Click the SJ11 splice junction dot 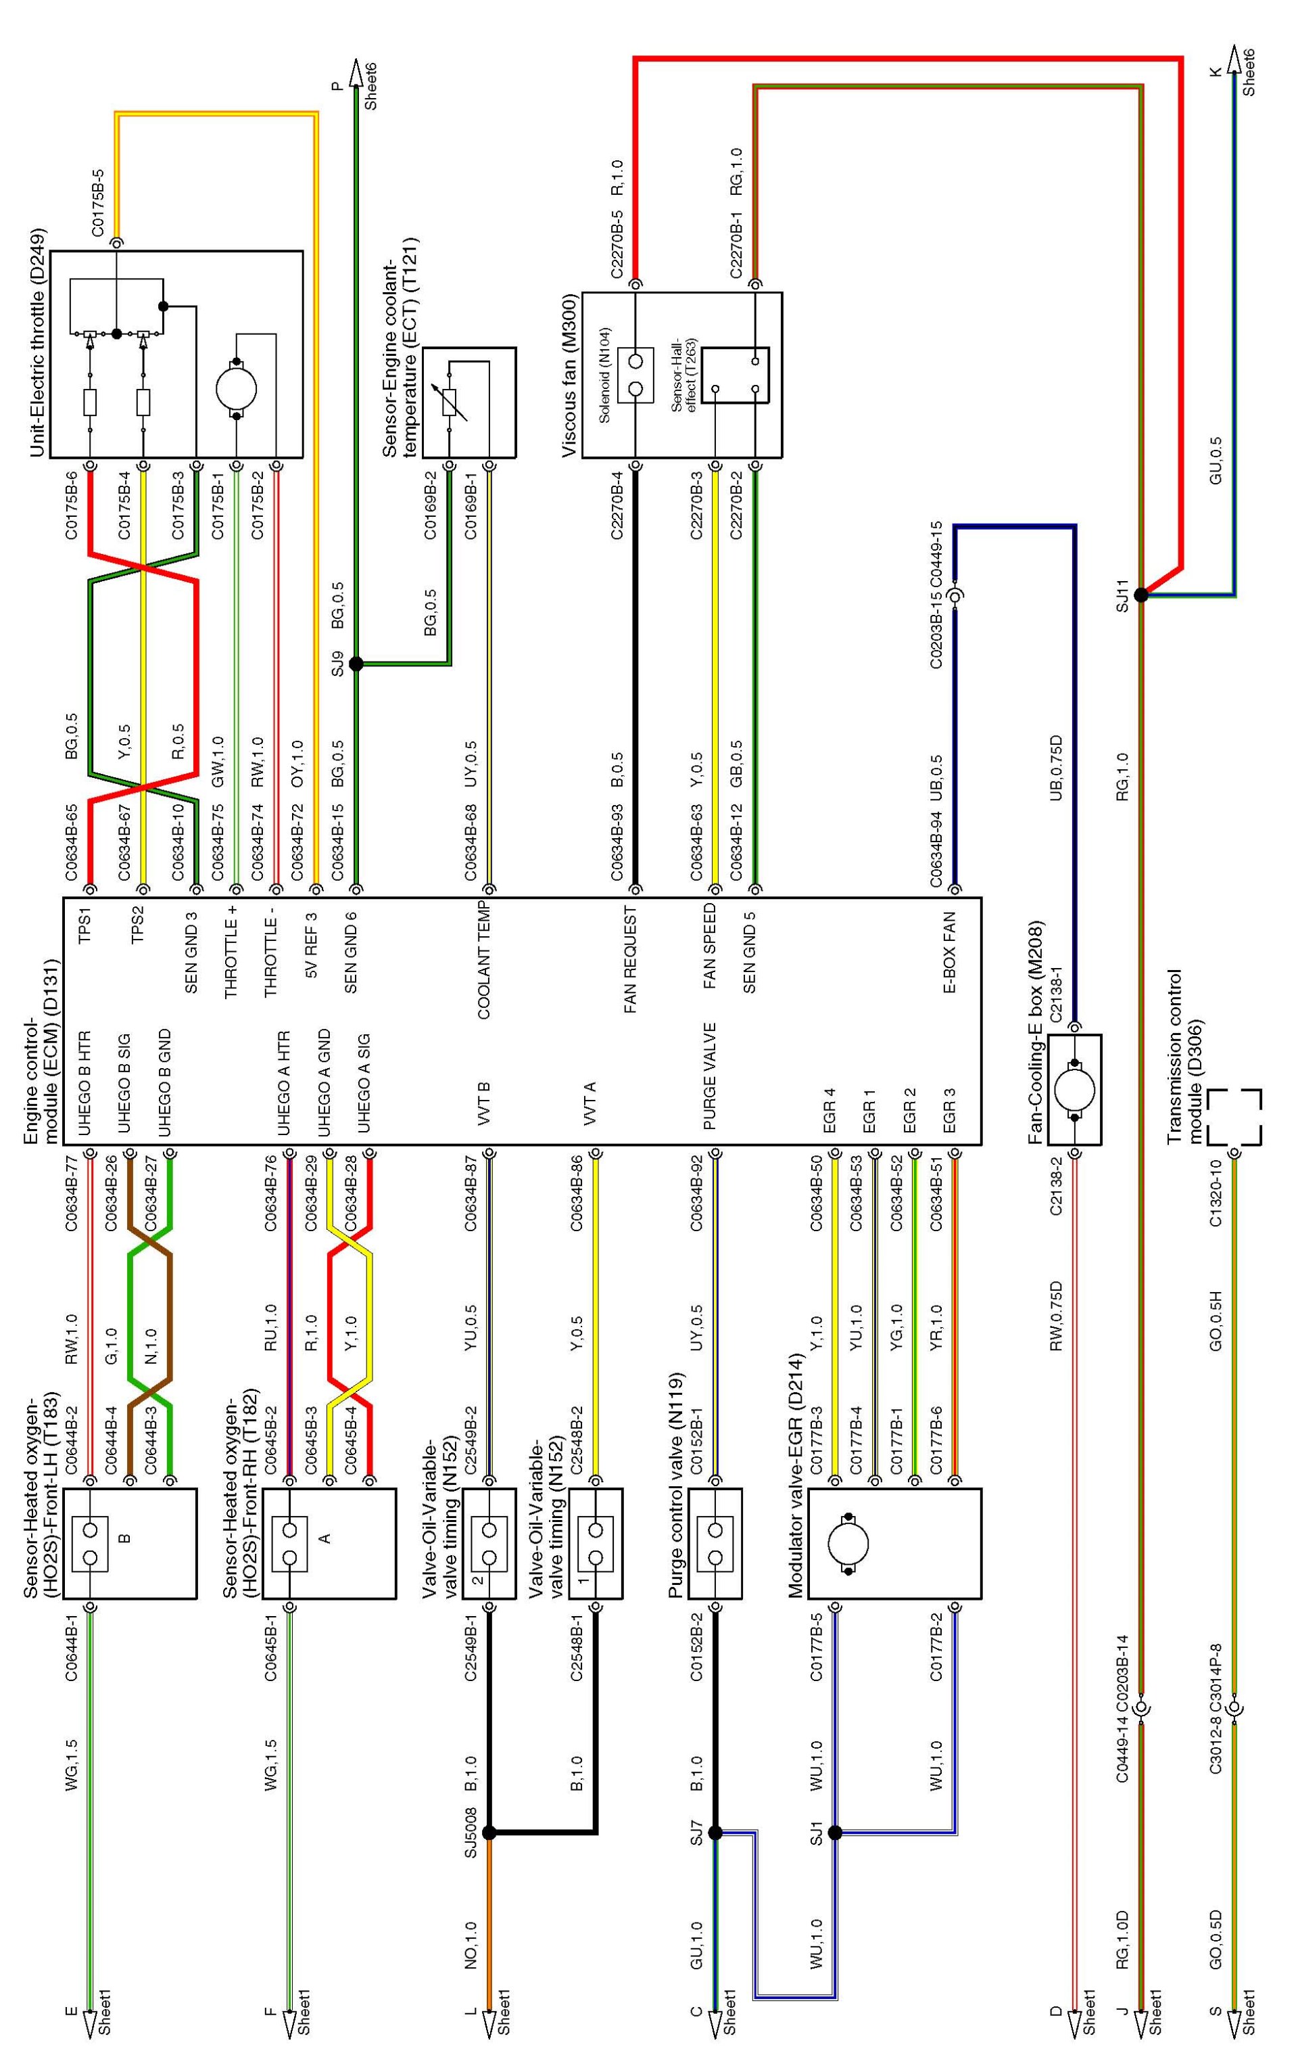click(x=1141, y=595)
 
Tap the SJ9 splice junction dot click(x=356, y=663)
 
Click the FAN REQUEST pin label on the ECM click(x=631, y=959)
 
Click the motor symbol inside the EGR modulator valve click(x=849, y=1544)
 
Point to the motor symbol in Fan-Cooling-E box click(x=1075, y=1090)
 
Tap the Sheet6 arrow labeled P click(x=359, y=74)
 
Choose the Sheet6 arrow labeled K click(x=1235, y=60)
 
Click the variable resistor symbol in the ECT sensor click(x=450, y=401)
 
